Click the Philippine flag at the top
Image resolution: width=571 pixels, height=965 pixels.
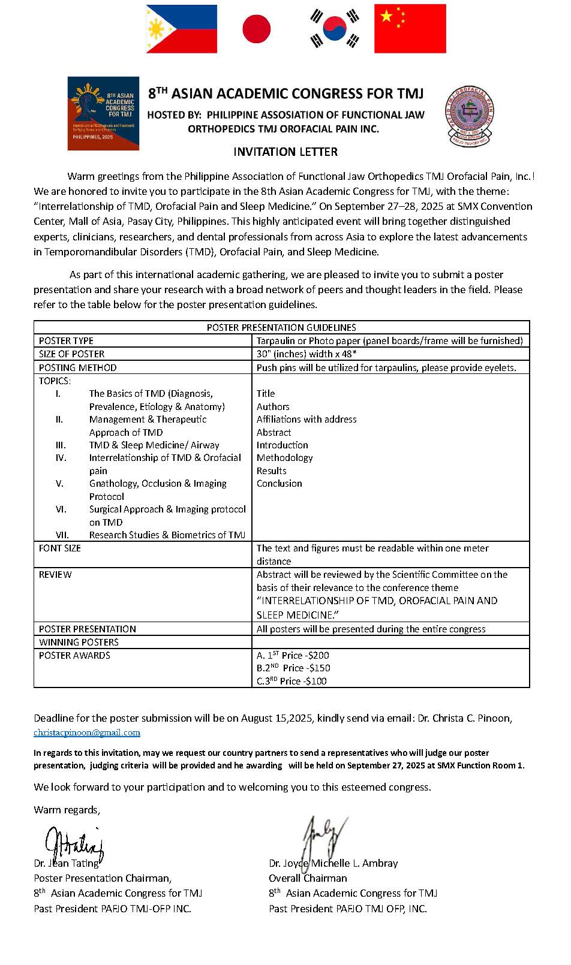(x=182, y=29)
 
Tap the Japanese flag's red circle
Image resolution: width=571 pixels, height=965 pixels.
(x=256, y=29)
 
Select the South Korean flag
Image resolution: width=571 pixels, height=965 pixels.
(x=334, y=29)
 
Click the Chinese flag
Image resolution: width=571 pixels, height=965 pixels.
(x=410, y=29)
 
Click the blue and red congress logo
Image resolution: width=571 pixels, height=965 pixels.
(x=103, y=113)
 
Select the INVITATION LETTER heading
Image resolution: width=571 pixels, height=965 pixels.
(x=285, y=152)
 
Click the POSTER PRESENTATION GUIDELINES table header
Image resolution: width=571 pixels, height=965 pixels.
(x=281, y=327)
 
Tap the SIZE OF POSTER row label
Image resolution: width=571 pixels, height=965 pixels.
(x=71, y=354)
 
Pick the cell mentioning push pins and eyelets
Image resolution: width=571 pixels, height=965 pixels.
(x=386, y=367)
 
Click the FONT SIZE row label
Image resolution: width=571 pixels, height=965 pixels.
(x=59, y=548)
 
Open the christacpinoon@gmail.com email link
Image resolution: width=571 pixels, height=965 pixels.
(x=87, y=732)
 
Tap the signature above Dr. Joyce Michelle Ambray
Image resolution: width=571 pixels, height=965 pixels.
(x=324, y=837)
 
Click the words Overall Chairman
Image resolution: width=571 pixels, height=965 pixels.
(x=308, y=878)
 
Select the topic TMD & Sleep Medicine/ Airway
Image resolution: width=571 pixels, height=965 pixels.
(x=154, y=445)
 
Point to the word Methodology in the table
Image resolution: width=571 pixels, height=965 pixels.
(x=284, y=457)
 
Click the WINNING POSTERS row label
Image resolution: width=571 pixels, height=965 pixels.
(x=79, y=642)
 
